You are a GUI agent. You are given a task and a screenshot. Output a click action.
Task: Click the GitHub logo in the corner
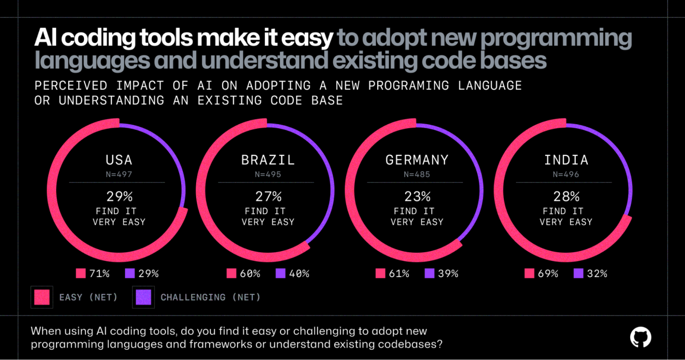640,337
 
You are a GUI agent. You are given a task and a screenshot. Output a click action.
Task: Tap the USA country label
119,160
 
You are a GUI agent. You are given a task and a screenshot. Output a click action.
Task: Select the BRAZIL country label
268,160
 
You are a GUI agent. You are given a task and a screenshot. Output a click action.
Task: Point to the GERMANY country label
417,160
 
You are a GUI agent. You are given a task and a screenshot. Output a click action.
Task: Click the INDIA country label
566,160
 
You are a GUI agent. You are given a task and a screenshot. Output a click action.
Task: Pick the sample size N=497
119,174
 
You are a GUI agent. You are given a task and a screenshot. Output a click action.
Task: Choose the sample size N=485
417,174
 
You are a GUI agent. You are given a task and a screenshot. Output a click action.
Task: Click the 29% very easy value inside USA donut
119,197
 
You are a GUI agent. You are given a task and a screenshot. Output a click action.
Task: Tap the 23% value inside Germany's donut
417,197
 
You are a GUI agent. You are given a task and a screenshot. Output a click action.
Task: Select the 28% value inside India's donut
566,197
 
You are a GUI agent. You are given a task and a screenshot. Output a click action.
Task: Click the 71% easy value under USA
99,273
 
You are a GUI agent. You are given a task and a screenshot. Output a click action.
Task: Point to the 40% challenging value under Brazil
299,273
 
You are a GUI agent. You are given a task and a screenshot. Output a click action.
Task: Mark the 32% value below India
597,273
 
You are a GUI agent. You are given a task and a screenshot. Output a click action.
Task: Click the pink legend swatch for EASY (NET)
42,297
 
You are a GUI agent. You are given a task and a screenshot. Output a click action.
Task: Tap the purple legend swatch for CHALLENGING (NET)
143,297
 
